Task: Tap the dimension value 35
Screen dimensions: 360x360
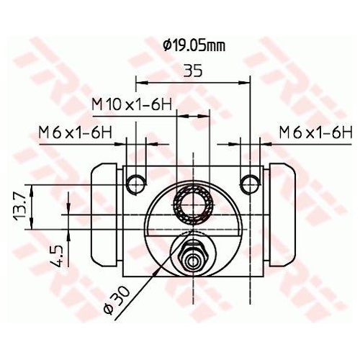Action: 192,72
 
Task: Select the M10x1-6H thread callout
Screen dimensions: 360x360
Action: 131,104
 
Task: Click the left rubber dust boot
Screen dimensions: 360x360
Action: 105,215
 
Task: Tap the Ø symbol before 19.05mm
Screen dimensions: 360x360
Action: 166,46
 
